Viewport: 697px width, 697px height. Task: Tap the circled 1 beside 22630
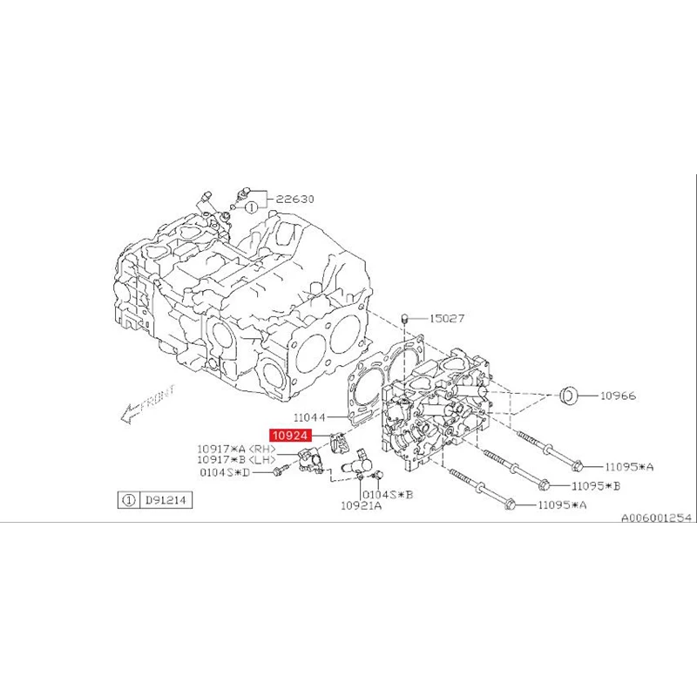point(251,208)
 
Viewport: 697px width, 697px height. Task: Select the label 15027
point(444,318)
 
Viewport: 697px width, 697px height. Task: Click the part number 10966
point(617,396)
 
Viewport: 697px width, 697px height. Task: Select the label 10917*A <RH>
point(237,449)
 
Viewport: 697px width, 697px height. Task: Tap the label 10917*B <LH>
point(237,459)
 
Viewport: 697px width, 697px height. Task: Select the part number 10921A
point(361,504)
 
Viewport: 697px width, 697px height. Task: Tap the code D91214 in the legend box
point(166,501)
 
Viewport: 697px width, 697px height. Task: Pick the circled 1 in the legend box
point(128,501)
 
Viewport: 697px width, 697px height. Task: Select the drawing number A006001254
point(655,517)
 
